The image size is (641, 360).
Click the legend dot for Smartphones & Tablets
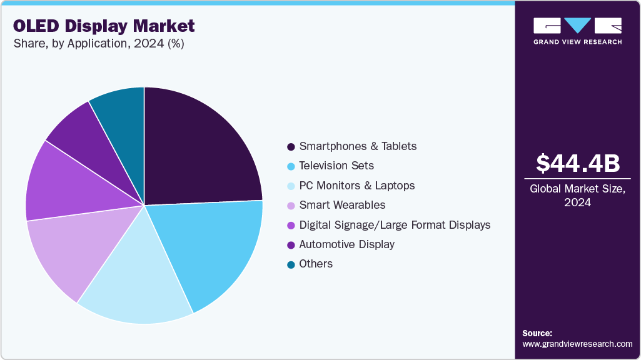291,147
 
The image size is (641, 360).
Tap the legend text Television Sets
336,166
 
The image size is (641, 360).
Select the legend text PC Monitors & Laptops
356,186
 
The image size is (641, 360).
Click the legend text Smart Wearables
342,205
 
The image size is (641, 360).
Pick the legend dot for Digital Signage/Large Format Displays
291,225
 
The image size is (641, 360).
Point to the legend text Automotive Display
346,244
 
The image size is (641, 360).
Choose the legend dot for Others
291,264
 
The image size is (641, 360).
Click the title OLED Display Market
104,26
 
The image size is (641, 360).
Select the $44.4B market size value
578,163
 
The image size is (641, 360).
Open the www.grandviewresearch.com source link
577,344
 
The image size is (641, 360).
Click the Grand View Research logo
577,31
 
